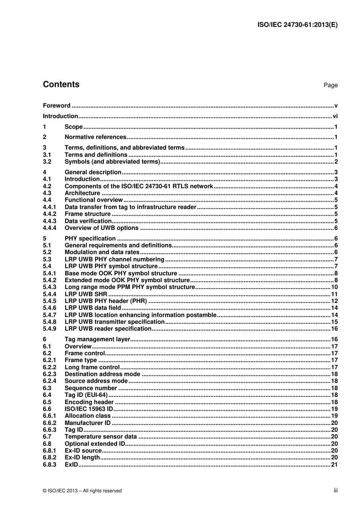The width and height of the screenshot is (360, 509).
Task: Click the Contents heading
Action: pos(61,84)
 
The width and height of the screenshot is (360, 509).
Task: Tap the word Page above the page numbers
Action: pos(330,85)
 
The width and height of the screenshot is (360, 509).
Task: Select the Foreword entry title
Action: pos(56,106)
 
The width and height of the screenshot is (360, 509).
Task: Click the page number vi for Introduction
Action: pos(335,116)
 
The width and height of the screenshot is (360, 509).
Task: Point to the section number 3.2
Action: pos(47,162)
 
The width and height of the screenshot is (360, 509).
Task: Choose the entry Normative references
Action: pos(95,137)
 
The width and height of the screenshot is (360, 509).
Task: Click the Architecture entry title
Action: pos(82,193)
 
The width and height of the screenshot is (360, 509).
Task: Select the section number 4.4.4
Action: pos(49,228)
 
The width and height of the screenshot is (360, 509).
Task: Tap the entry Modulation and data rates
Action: pos(102,252)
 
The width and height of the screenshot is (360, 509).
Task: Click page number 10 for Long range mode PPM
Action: pos(334,287)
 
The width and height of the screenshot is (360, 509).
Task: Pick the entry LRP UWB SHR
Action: pos(86,294)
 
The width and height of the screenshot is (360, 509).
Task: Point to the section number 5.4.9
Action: pos(49,329)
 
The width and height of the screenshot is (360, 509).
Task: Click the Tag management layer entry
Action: pos(97,339)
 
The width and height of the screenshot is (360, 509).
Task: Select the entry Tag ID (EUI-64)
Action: pos(86,395)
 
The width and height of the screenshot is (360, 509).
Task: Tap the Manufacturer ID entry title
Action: pos(88,423)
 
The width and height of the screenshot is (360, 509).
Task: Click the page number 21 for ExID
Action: pos(334,464)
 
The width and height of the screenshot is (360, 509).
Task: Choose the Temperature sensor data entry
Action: pos(101,437)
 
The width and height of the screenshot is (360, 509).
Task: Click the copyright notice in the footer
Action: pos(82,491)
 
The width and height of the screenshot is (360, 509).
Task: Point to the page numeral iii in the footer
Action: pos(335,490)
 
